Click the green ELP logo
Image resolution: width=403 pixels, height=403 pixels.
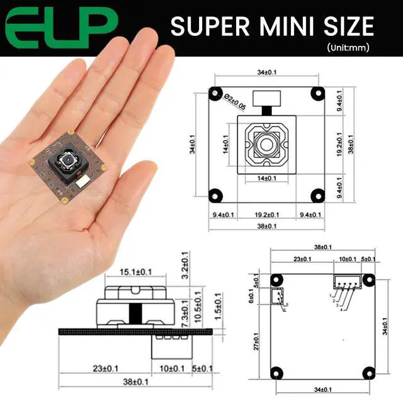[x=62, y=28]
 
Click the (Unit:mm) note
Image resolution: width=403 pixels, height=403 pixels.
[x=348, y=47]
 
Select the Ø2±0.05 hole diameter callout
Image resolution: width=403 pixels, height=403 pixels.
[x=234, y=101]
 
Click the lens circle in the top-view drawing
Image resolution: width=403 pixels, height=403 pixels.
[x=267, y=145]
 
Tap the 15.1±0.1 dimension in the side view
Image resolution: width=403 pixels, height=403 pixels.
[x=136, y=272]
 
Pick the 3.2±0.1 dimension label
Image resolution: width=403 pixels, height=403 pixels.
[x=185, y=265]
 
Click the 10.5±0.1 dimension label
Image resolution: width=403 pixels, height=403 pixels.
[x=198, y=307]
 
